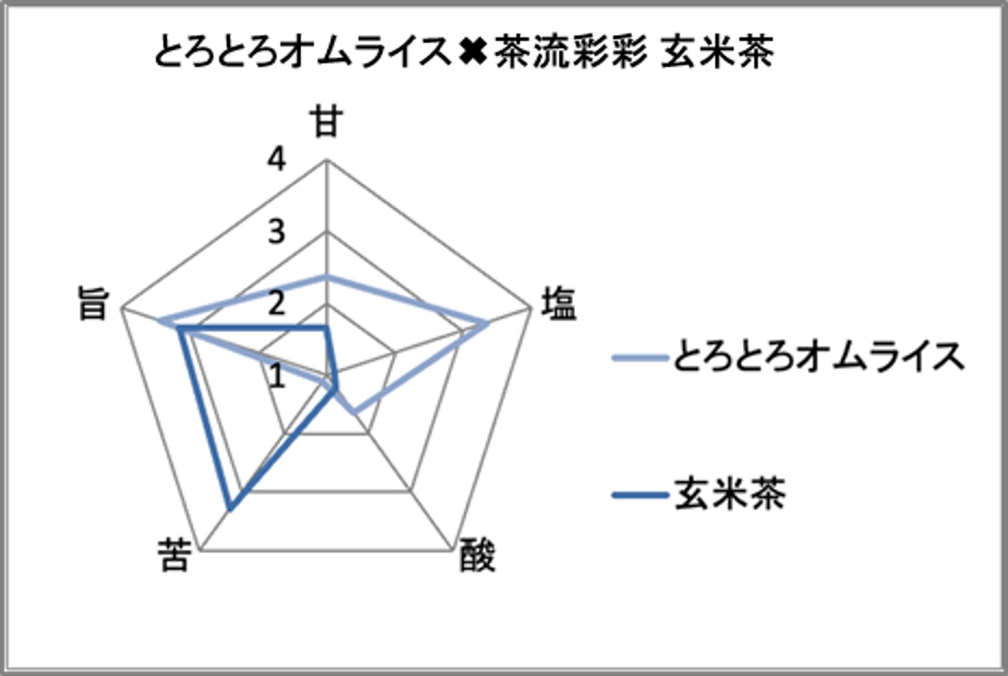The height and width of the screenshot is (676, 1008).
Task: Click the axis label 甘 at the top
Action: click(327, 122)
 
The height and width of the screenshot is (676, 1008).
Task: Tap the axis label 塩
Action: click(558, 304)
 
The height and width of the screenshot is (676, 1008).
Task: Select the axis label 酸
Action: click(477, 556)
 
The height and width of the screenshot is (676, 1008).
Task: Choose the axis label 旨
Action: click(93, 304)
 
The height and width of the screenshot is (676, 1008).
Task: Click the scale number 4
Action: click(277, 159)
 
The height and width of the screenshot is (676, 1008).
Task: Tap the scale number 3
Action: click(277, 232)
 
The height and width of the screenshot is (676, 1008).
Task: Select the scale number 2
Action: click(277, 304)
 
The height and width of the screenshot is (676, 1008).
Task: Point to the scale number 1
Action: click(277, 376)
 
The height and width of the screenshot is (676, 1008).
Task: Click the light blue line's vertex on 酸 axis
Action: click(354, 412)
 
